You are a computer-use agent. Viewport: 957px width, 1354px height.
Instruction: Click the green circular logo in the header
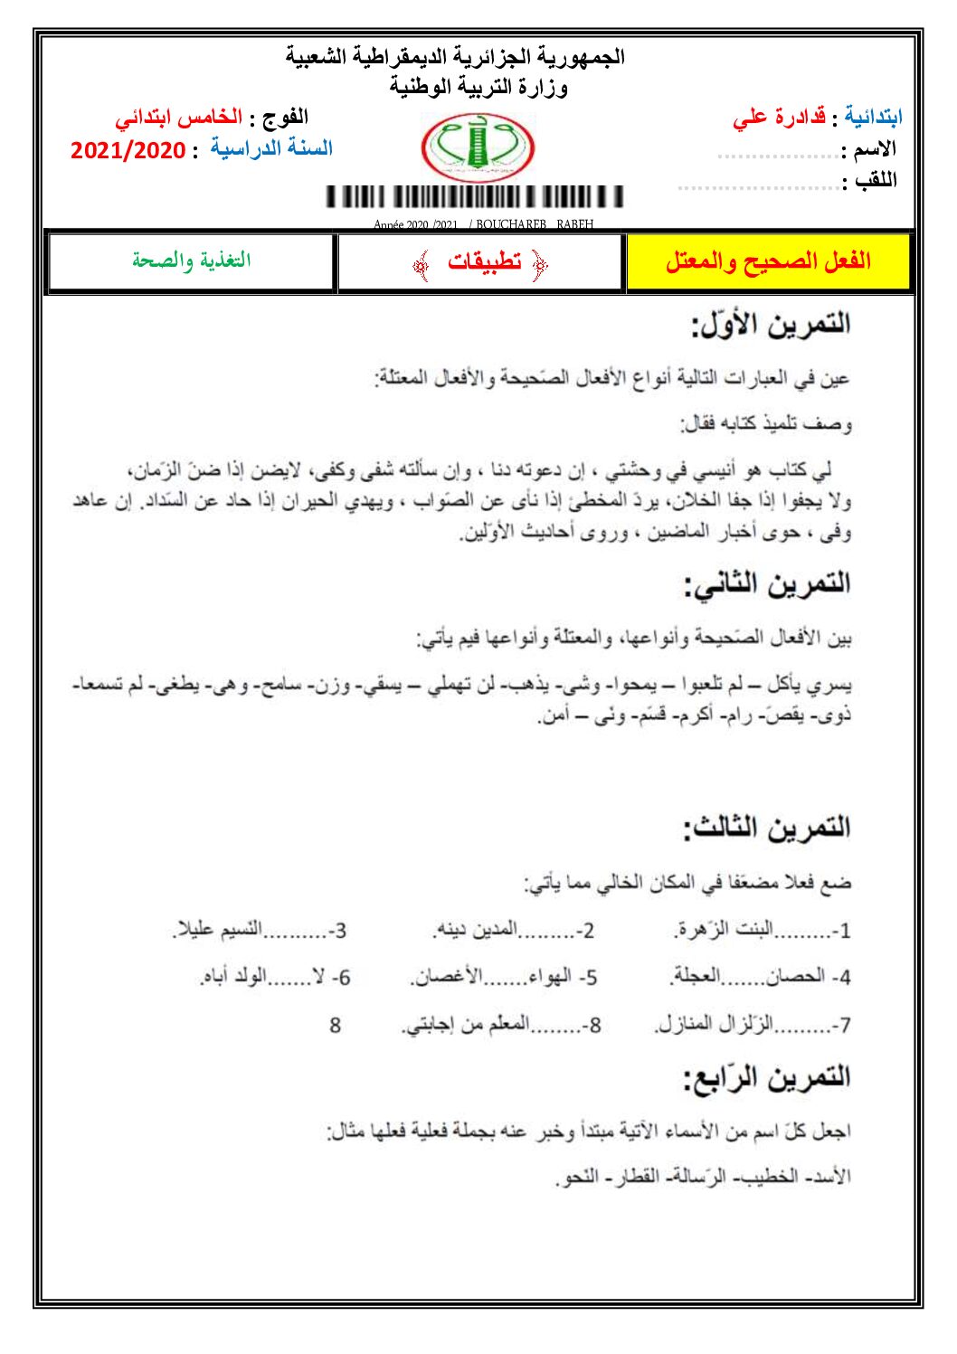[x=478, y=147]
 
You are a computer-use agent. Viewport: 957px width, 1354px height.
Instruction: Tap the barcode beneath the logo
[x=475, y=197]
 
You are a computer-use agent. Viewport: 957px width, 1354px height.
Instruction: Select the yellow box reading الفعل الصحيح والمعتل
[x=768, y=262]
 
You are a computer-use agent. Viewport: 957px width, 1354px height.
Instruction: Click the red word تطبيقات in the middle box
[x=484, y=262]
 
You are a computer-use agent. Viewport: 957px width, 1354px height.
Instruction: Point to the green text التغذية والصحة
[x=191, y=261]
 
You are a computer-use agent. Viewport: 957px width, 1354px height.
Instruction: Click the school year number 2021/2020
[x=128, y=150]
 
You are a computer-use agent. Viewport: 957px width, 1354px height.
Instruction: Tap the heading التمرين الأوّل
[x=771, y=325]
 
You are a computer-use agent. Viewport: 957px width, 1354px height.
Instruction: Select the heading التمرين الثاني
[x=767, y=584]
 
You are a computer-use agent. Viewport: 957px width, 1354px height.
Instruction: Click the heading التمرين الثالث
[x=766, y=828]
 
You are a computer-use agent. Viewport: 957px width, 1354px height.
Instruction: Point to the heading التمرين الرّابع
[x=766, y=1077]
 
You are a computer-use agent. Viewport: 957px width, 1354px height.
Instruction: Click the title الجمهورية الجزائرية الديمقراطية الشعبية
[x=455, y=57]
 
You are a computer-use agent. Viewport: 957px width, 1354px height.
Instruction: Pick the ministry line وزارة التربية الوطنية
[x=478, y=87]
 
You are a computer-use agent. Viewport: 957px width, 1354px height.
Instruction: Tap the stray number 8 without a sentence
[x=335, y=1025]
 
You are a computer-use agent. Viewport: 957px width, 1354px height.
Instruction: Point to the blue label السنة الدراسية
[x=271, y=148]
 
